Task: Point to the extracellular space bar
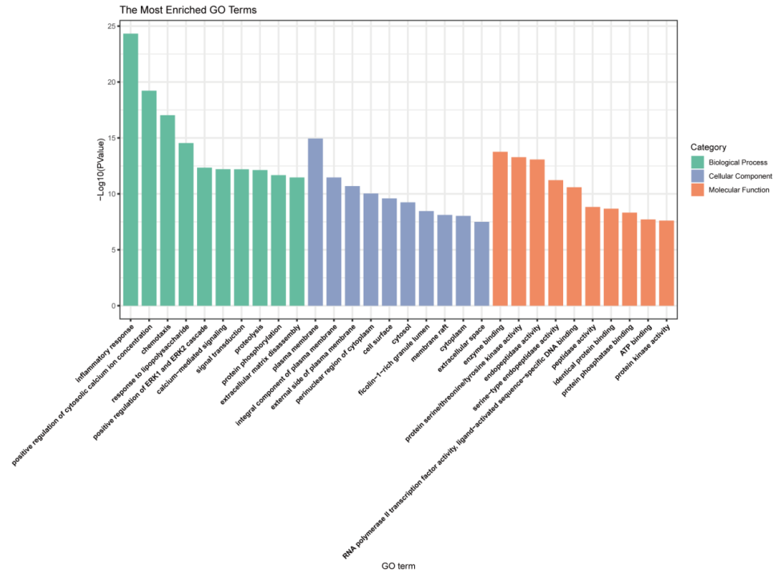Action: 481,264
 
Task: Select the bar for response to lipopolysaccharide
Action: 186,224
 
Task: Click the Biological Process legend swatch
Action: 697,163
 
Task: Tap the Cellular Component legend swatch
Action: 697,176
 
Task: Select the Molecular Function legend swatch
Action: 697,190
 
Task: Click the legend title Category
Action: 708,147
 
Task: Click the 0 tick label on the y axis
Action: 112,305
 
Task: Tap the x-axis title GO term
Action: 398,566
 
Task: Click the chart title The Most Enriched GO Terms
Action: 188,10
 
